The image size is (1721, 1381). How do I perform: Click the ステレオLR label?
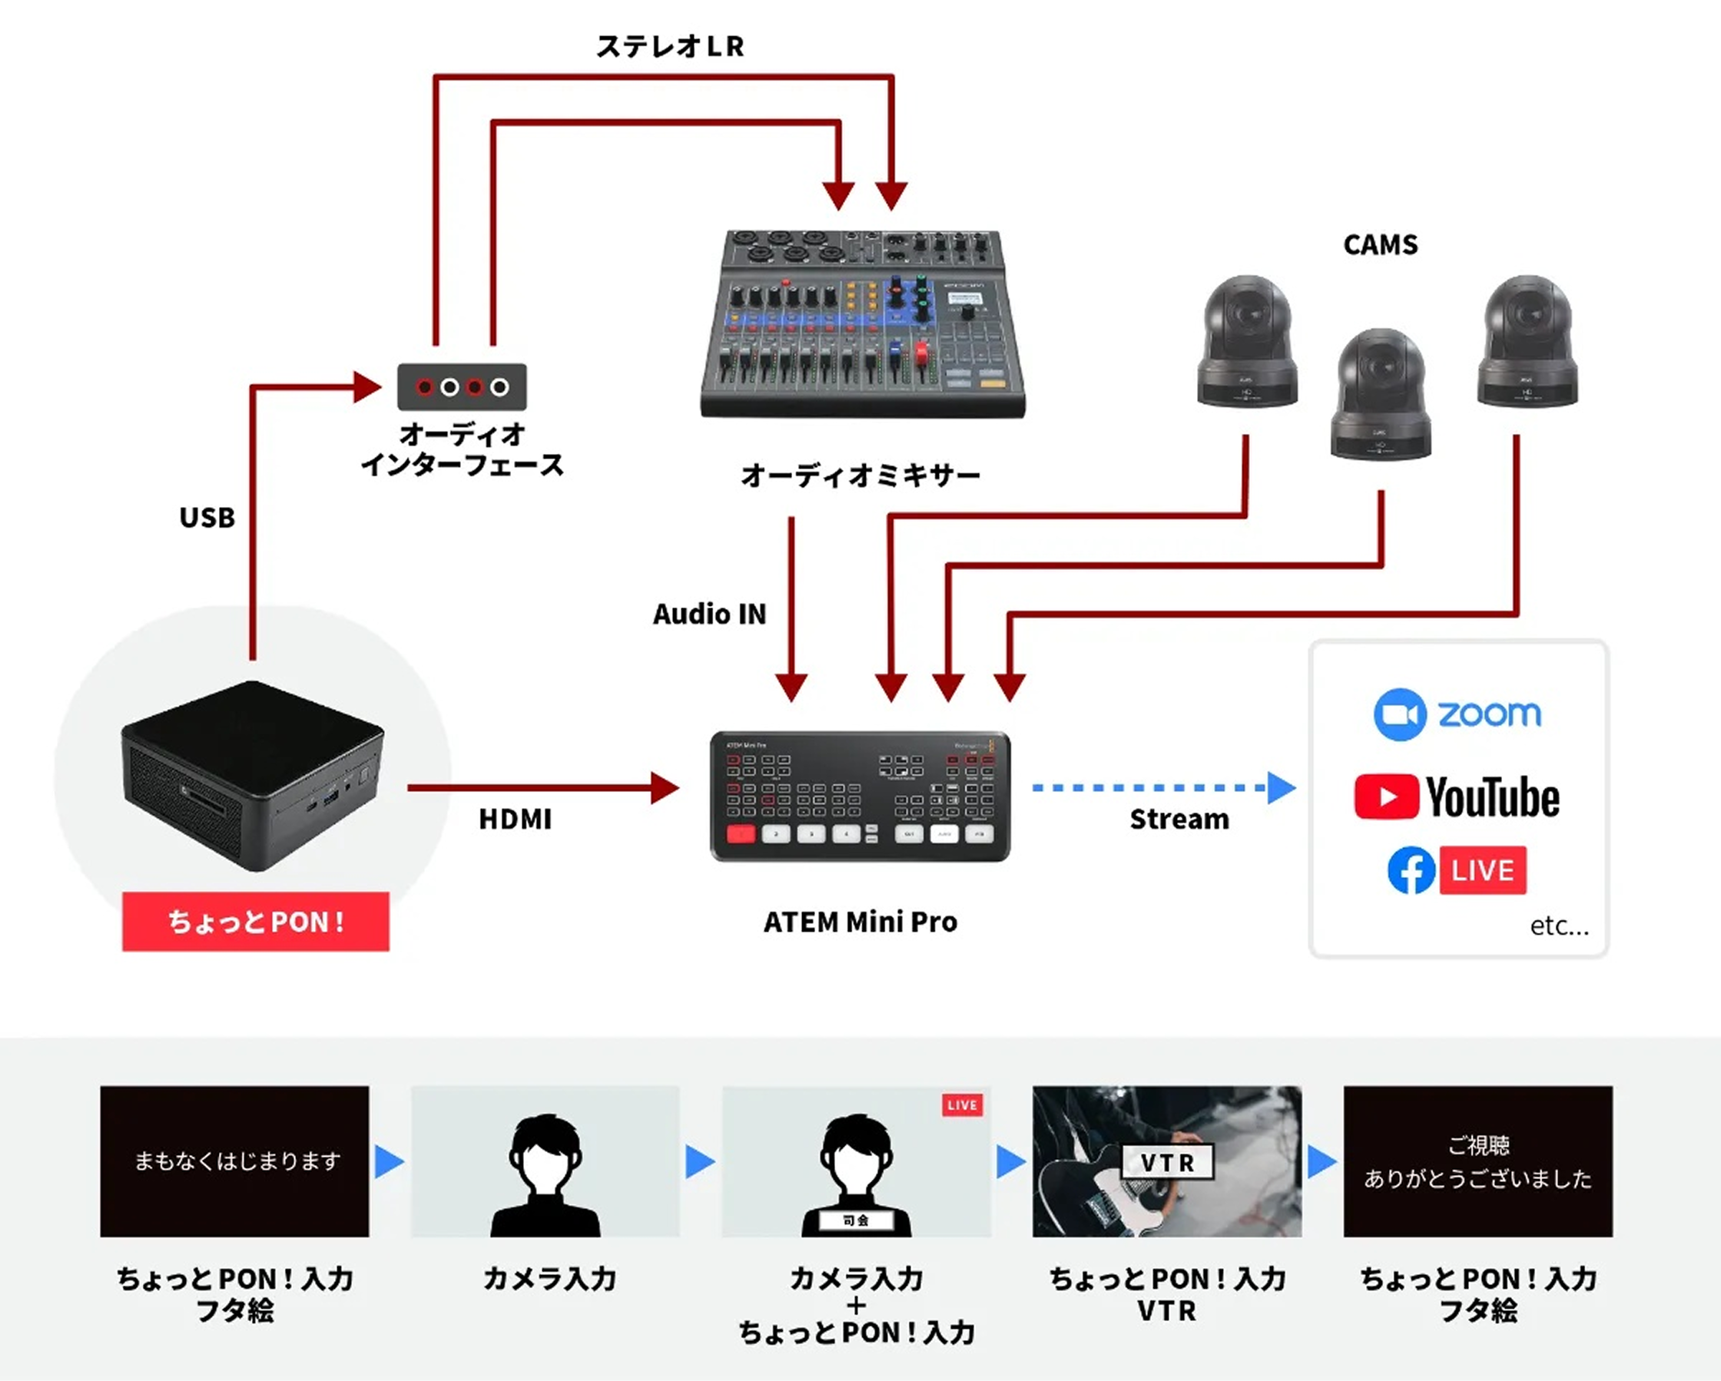click(x=670, y=46)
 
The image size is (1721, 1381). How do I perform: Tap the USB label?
click(x=207, y=518)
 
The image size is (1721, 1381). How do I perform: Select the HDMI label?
click(x=515, y=820)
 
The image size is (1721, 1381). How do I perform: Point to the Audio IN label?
click(x=709, y=614)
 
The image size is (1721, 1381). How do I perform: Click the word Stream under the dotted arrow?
click(x=1179, y=820)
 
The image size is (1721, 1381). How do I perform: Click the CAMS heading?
click(x=1380, y=244)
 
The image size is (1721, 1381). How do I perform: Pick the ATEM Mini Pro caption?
click(x=860, y=922)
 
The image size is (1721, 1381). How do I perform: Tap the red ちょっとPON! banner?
click(x=255, y=922)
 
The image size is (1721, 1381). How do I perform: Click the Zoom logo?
click(x=1457, y=714)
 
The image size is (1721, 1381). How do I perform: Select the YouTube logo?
click(x=1457, y=796)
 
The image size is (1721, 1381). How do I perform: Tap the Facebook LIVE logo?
click(x=1457, y=869)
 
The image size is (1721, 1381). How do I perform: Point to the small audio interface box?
click(x=462, y=387)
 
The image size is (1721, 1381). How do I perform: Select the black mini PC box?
click(x=252, y=774)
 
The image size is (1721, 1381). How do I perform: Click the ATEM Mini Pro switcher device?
click(x=860, y=796)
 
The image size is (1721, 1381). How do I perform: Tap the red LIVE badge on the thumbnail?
click(x=962, y=1105)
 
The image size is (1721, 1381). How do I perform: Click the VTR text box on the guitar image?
click(x=1167, y=1162)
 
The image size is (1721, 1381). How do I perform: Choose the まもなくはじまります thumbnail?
click(x=234, y=1161)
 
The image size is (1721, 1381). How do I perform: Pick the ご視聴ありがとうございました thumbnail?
click(x=1477, y=1161)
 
